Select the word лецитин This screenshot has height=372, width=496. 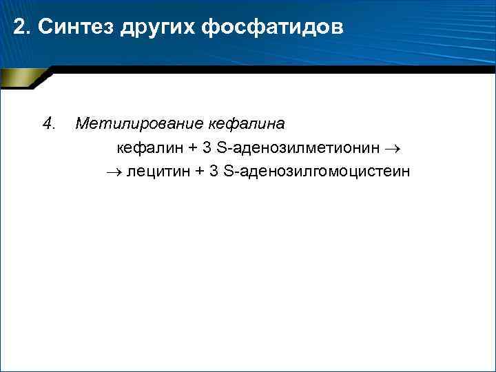click(158, 171)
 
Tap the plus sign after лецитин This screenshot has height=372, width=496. click(200, 171)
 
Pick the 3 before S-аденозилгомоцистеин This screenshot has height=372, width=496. click(216, 171)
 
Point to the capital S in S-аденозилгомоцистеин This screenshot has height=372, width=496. click(230, 171)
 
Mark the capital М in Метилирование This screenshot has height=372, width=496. click(81, 124)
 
